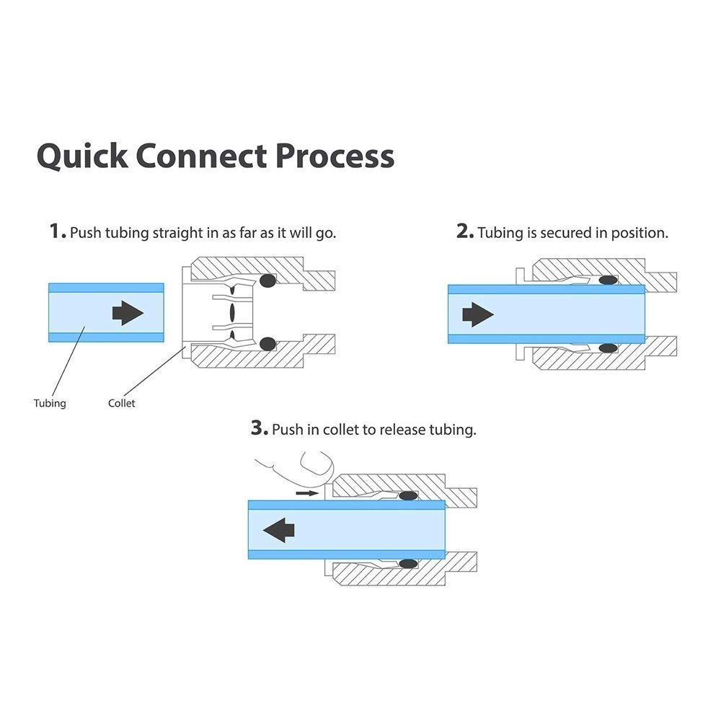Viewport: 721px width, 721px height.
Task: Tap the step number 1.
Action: [56, 232]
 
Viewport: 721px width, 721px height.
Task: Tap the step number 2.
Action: [464, 232]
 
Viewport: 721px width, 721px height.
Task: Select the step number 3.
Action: [259, 429]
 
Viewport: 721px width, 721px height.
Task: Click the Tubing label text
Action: [50, 403]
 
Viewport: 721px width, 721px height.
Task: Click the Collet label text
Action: [121, 403]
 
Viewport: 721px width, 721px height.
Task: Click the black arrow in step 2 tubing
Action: [478, 314]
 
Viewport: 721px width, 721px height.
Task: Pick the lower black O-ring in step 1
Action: [268, 344]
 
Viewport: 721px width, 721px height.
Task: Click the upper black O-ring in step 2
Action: [608, 280]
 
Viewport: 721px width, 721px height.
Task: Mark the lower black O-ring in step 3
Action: [409, 563]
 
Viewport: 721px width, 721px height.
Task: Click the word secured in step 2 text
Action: [564, 233]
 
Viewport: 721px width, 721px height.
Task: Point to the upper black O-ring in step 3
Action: [409, 495]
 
